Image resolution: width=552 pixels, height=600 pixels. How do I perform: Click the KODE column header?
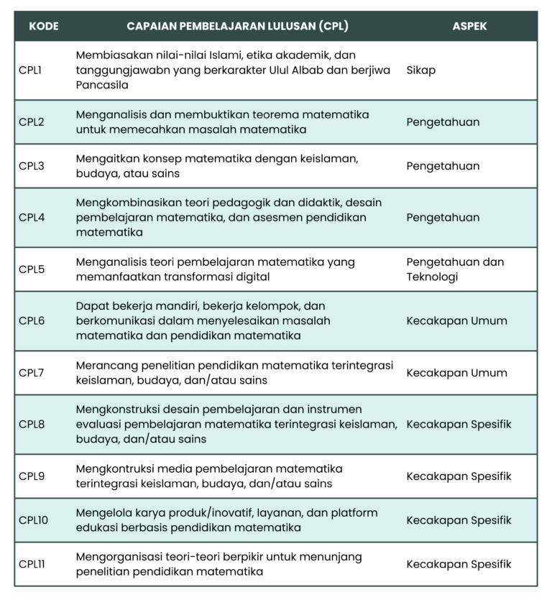pyautogui.click(x=43, y=26)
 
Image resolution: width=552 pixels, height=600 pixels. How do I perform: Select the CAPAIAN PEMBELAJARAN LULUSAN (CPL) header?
pyautogui.click(x=237, y=26)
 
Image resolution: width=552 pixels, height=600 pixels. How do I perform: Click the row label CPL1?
pyautogui.click(x=32, y=70)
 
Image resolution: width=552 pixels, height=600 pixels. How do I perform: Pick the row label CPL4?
pyautogui.click(x=32, y=218)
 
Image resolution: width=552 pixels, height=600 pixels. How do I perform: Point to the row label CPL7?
pyautogui.click(x=32, y=373)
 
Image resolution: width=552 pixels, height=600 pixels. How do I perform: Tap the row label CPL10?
pyautogui.click(x=34, y=520)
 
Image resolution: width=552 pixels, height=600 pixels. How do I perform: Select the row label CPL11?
pyautogui.click(x=32, y=564)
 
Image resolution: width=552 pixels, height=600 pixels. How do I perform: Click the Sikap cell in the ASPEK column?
pyautogui.click(x=420, y=70)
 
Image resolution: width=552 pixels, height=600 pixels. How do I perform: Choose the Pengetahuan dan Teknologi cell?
pyautogui.click(x=455, y=269)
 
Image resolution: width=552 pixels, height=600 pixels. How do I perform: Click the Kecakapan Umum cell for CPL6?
pyautogui.click(x=456, y=321)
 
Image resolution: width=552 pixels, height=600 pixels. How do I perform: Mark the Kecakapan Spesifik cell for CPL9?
pyautogui.click(x=459, y=476)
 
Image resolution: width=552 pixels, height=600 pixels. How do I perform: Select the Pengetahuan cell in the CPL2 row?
pyautogui.click(x=443, y=122)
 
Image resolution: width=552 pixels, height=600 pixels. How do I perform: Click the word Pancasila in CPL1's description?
pyautogui.click(x=102, y=85)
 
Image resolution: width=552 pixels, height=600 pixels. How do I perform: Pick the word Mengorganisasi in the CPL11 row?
pyautogui.click(x=118, y=557)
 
